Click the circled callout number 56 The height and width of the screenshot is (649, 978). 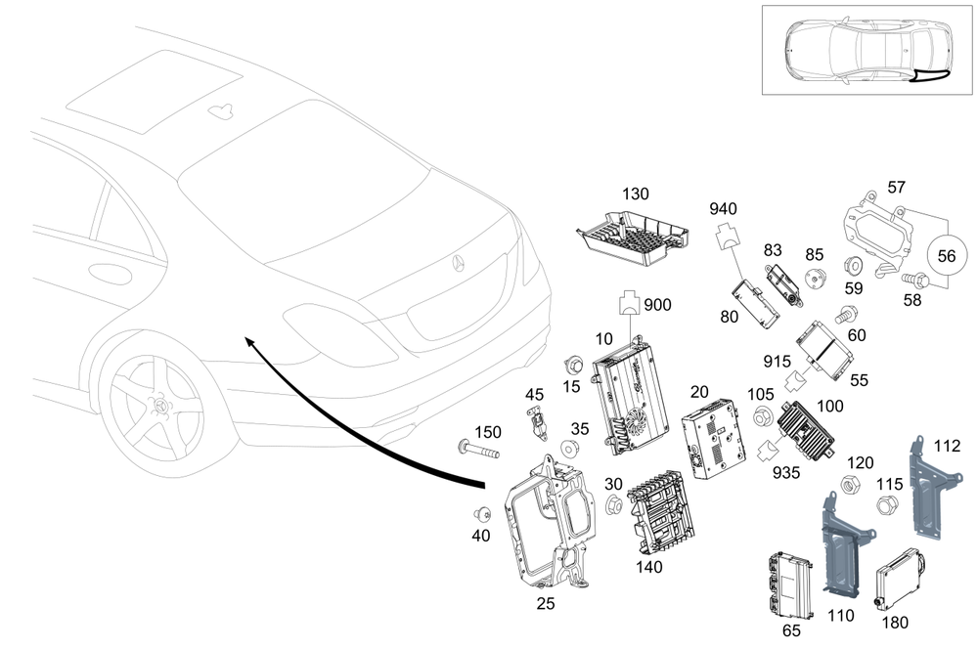947,255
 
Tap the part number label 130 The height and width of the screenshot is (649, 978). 636,195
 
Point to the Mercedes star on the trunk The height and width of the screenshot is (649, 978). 457,263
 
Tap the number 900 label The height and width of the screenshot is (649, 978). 657,305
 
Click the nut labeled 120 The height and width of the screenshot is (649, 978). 851,484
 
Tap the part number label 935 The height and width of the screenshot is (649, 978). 784,473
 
